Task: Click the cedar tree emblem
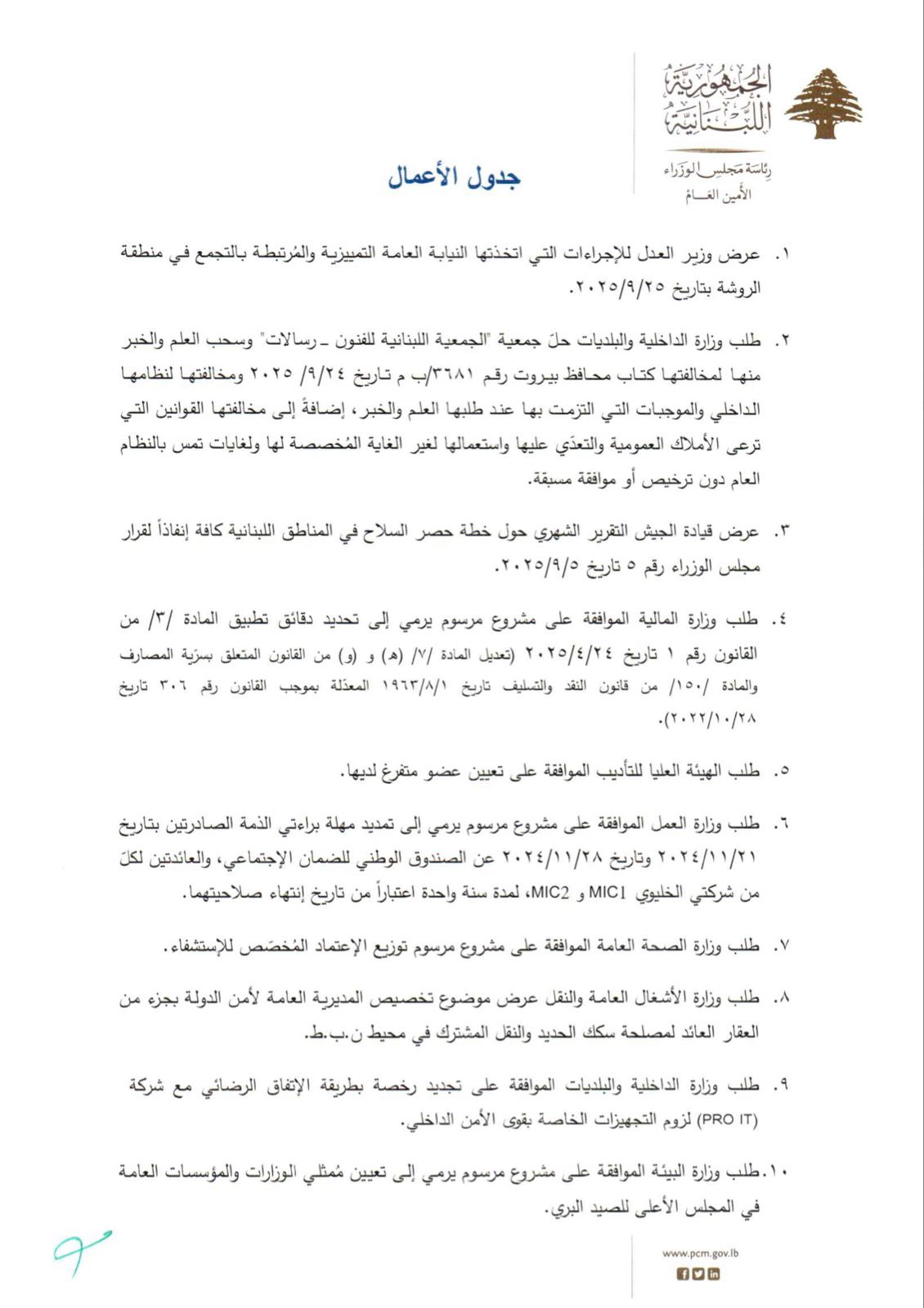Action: click(x=823, y=104)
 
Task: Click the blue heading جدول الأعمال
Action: click(x=454, y=177)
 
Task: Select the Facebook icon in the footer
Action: click(x=684, y=1274)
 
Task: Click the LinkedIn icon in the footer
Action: click(x=714, y=1274)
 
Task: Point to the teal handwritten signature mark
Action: click(x=81, y=1251)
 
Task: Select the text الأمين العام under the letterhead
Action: click(x=718, y=195)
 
